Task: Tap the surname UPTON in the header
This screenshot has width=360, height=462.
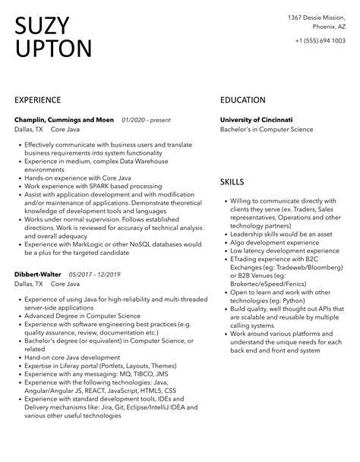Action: [x=53, y=50]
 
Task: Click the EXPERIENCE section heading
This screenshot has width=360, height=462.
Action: [x=44, y=100]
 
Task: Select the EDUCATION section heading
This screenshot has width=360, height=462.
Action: [x=242, y=100]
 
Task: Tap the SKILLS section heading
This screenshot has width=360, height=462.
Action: [x=232, y=182]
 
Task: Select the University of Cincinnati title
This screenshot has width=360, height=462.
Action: [x=256, y=120]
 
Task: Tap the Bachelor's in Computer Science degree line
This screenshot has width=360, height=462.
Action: [x=266, y=130]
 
